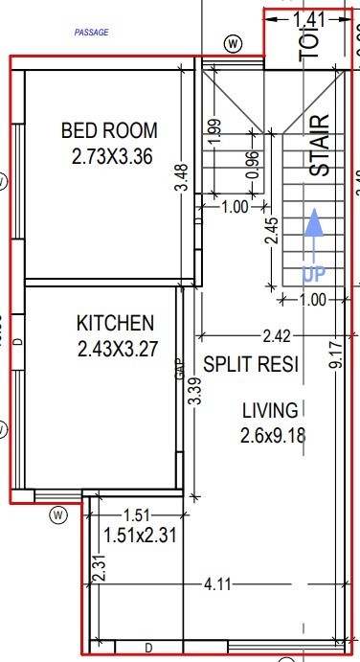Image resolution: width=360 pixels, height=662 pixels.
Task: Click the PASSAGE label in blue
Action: (92, 33)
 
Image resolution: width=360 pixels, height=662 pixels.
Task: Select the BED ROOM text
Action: (109, 131)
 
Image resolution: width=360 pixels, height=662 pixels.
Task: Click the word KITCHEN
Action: (115, 323)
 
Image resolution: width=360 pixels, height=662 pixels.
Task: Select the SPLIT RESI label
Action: (251, 365)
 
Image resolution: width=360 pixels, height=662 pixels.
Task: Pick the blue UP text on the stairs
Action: (314, 274)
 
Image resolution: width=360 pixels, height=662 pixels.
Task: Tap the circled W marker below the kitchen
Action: (59, 515)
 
